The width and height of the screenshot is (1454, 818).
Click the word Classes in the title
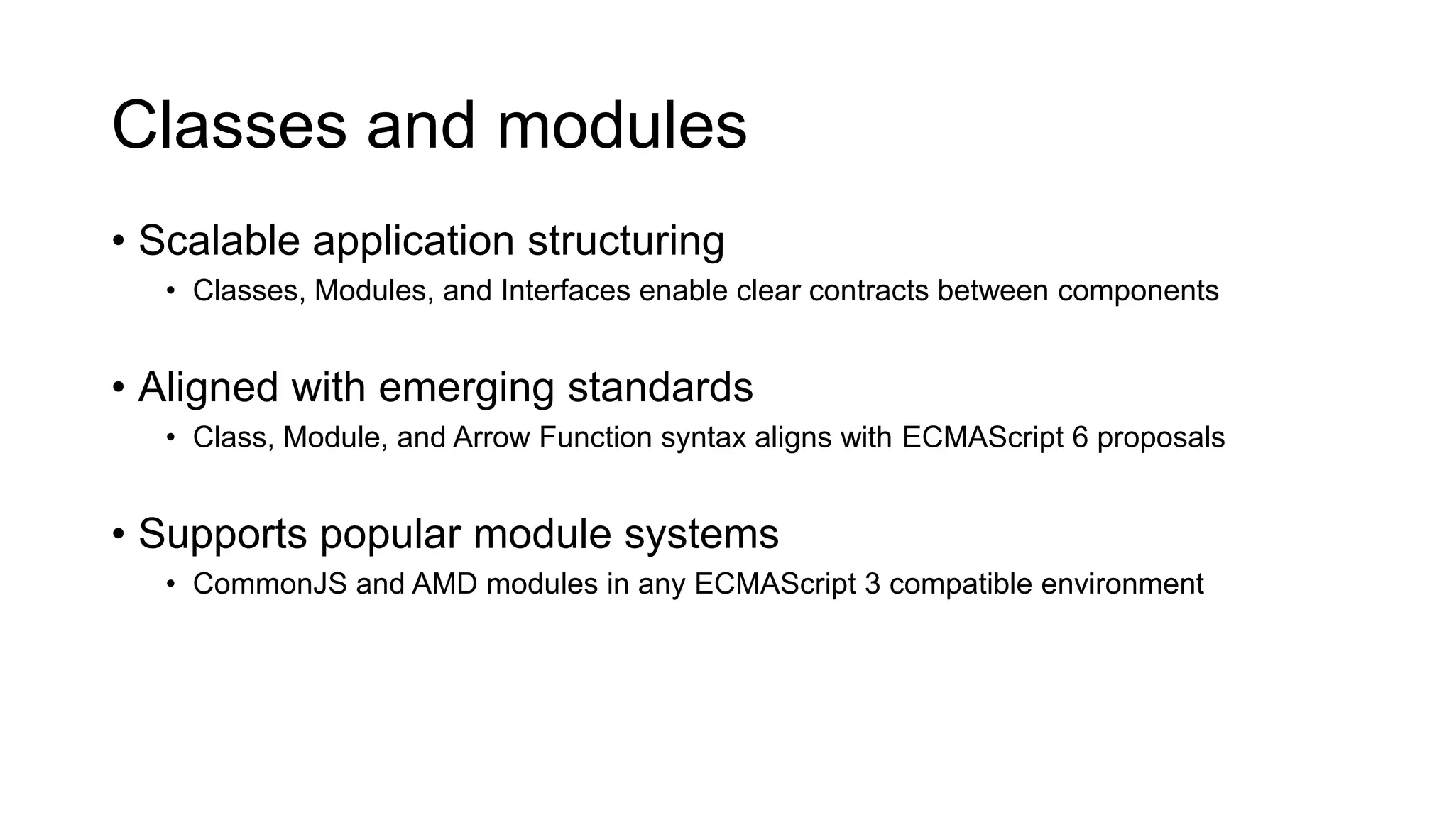[x=229, y=126]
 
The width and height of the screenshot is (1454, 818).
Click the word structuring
[x=625, y=241]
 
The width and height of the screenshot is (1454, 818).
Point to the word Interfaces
[x=565, y=291]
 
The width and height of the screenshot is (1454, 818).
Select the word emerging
[x=466, y=388]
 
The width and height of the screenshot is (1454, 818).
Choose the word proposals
[x=1161, y=438]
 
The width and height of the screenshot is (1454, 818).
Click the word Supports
[x=222, y=534]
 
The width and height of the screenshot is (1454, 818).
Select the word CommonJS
[x=270, y=584]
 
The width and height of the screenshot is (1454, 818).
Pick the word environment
[x=1122, y=584]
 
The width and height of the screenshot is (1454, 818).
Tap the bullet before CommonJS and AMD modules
[x=170, y=584]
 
